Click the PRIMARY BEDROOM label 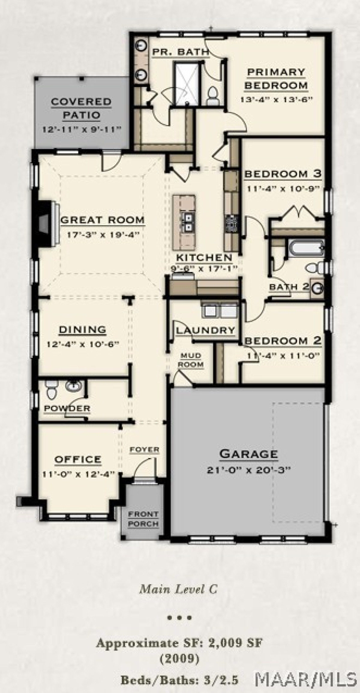coord(276,79)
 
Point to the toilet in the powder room coord(51,390)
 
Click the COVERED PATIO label coord(81,108)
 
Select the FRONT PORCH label coord(143,519)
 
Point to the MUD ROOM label coord(190,360)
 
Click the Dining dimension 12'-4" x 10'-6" coord(83,344)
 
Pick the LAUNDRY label coord(205,330)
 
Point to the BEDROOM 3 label coord(283,174)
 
